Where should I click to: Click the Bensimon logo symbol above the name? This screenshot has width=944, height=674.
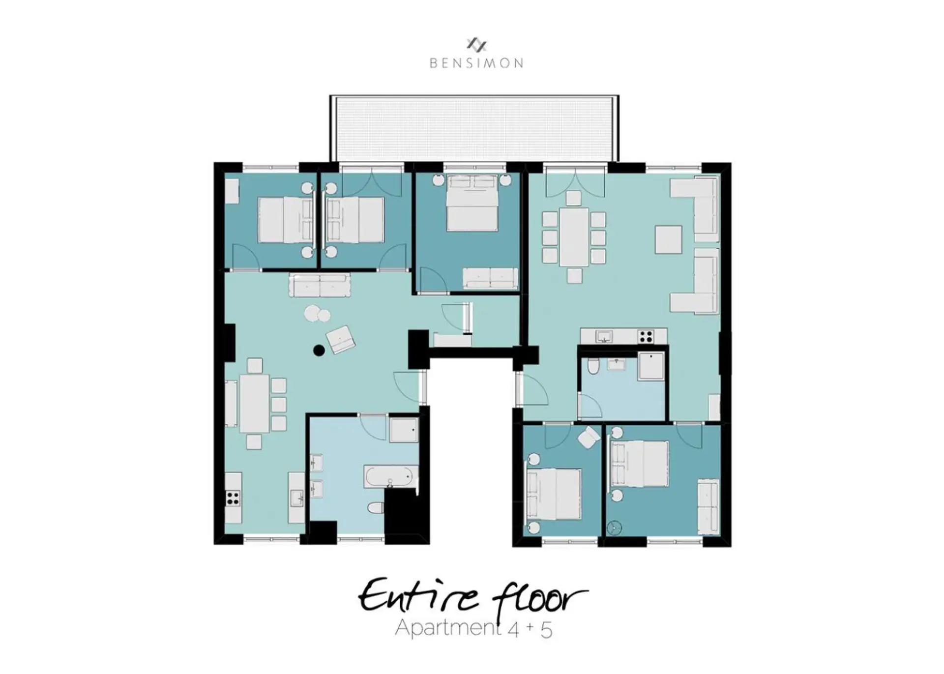(476, 45)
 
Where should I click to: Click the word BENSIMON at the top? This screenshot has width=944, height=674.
(476, 63)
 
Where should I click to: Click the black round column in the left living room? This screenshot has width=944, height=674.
(319, 351)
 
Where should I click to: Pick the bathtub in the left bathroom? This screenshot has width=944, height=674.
(389, 476)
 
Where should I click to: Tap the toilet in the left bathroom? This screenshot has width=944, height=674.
(376, 507)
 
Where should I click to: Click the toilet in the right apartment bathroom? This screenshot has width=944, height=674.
(593, 366)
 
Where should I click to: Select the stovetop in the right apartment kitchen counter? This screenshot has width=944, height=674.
(646, 336)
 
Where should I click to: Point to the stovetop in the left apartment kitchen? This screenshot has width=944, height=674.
(233, 498)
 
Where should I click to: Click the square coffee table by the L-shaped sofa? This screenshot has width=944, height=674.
(669, 239)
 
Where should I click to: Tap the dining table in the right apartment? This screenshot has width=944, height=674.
(574, 237)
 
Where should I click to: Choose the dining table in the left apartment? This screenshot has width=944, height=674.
(254, 403)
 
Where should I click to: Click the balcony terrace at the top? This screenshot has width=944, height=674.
(474, 128)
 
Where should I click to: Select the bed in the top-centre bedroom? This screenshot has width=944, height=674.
(472, 203)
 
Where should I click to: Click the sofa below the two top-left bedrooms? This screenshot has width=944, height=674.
(320, 286)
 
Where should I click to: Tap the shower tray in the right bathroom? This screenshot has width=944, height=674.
(651, 366)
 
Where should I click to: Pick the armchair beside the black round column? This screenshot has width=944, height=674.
(341, 339)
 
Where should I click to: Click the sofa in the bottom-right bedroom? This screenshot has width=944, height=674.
(708, 505)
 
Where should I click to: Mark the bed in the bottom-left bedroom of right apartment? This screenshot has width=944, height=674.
(554, 494)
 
